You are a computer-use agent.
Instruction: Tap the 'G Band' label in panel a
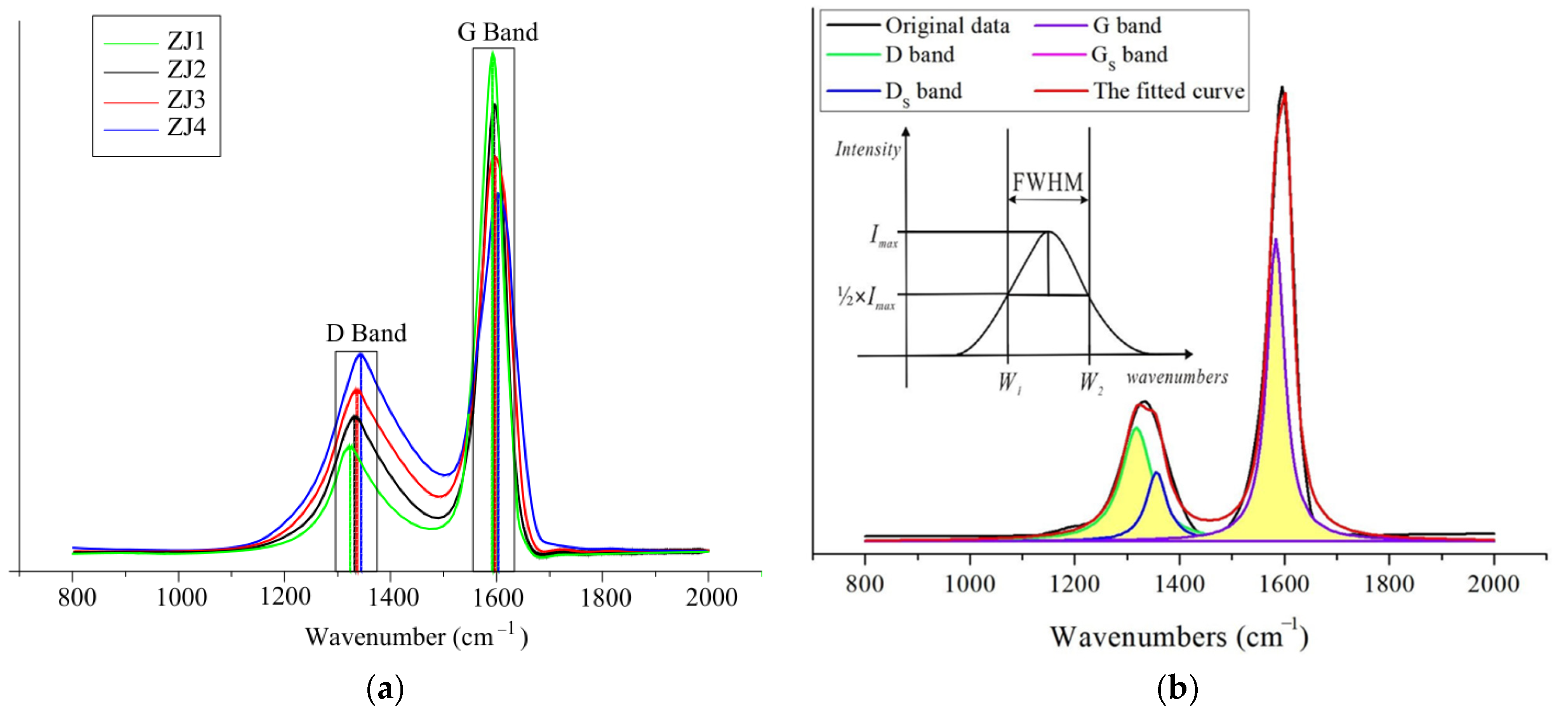coord(497,32)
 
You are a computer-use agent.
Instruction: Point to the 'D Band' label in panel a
coord(366,333)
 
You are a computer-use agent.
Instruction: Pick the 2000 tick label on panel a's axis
coord(711,597)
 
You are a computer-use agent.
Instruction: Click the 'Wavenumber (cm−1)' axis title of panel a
coord(416,637)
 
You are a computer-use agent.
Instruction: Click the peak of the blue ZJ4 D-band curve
coord(361,355)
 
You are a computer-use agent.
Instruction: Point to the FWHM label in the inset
coord(1047,182)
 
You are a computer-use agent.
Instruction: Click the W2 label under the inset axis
coord(1091,382)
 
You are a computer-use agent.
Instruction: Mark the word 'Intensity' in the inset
coord(868,149)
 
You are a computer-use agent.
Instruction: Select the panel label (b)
coord(1177,688)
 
